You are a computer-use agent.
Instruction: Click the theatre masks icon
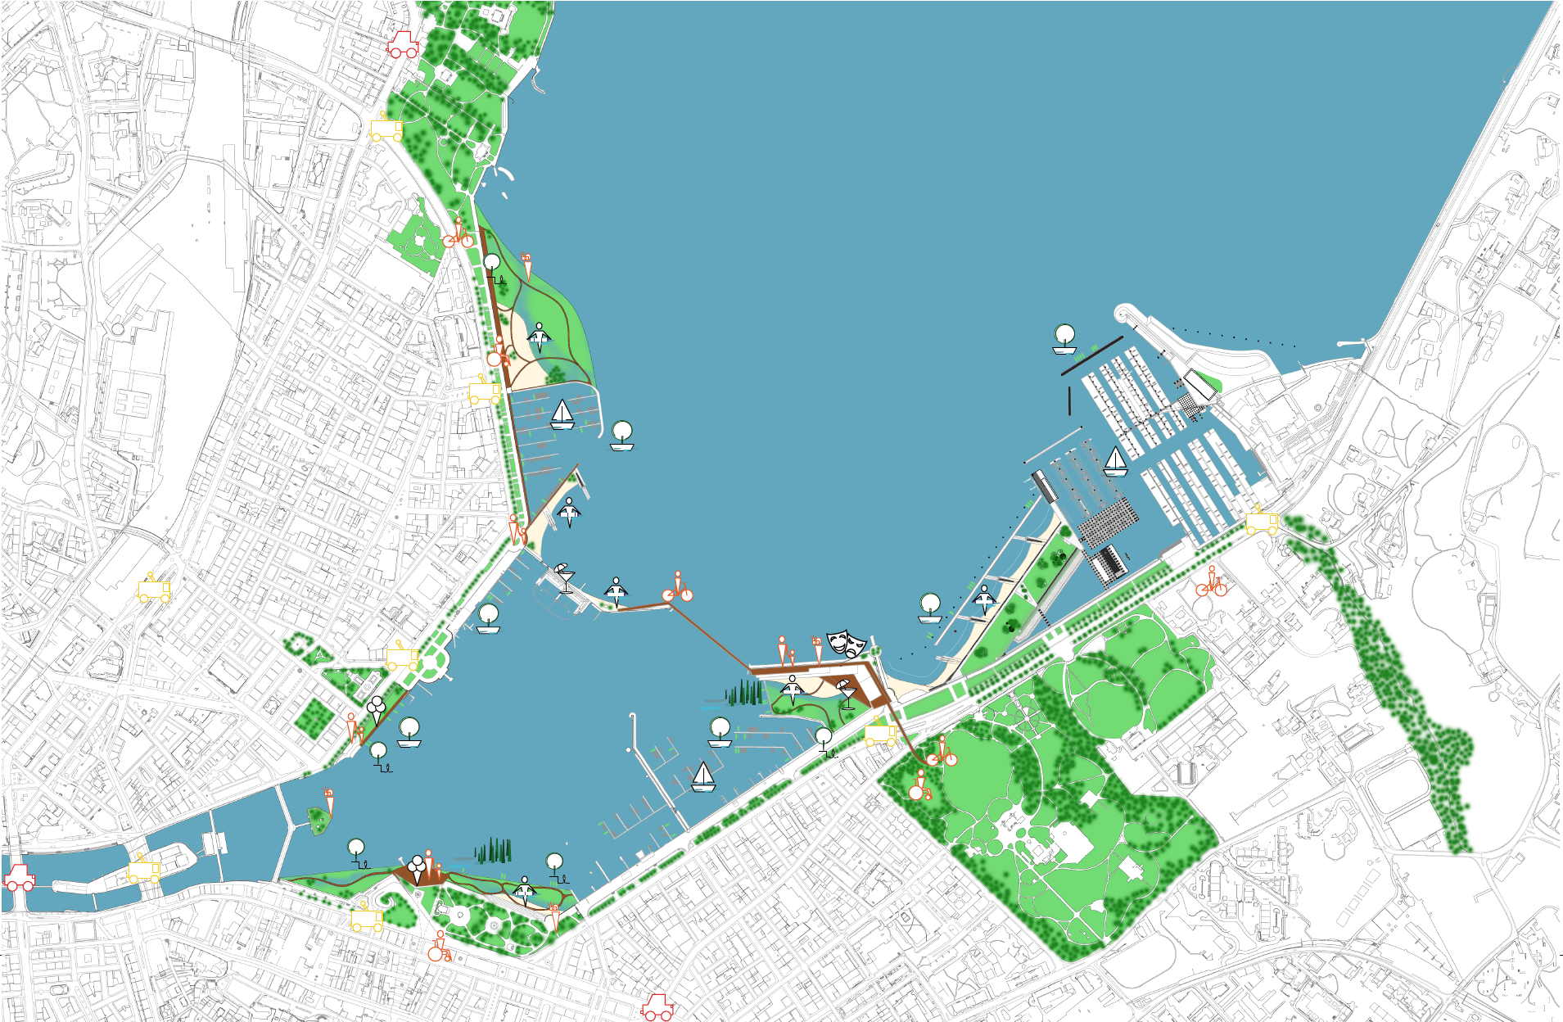coord(847,644)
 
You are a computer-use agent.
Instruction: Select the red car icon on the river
coord(19,877)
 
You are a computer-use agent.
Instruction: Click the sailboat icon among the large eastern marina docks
coord(1115,462)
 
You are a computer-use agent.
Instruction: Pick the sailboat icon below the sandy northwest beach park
coord(562,414)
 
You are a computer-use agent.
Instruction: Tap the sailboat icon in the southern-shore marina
coord(703,777)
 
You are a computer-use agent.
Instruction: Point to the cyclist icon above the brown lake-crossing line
coord(678,588)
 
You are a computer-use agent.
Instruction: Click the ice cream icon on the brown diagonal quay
coord(376,709)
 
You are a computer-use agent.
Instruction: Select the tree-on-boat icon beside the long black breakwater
coord(1064,339)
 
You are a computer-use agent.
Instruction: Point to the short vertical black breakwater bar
coord(1070,400)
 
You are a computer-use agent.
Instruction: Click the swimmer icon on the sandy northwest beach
coord(539,337)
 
